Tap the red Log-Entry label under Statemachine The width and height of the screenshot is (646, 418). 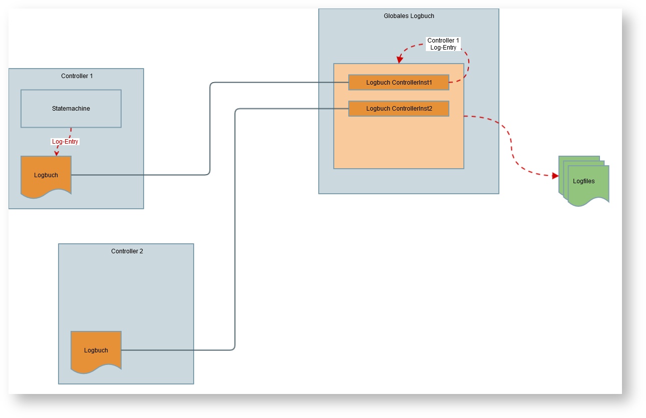pos(66,142)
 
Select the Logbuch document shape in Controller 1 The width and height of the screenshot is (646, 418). pos(46,176)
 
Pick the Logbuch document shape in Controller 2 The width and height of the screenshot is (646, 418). pos(96,350)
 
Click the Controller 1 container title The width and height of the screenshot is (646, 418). pos(77,76)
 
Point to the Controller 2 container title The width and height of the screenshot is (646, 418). pos(127,251)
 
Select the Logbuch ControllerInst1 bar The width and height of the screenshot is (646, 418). pos(399,83)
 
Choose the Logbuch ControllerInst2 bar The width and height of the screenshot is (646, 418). pos(399,109)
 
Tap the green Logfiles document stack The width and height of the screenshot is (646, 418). pos(584,181)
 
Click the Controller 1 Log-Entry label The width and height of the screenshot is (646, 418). pos(443,44)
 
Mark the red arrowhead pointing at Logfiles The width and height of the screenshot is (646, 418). pos(555,176)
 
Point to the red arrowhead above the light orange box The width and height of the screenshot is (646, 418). pos(400,61)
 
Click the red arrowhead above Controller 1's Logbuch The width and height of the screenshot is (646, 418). pos(57,153)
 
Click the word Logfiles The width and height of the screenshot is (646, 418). pos(584,181)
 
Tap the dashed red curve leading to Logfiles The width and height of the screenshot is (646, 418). pos(511,145)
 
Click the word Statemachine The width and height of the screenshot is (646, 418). pos(71,109)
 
